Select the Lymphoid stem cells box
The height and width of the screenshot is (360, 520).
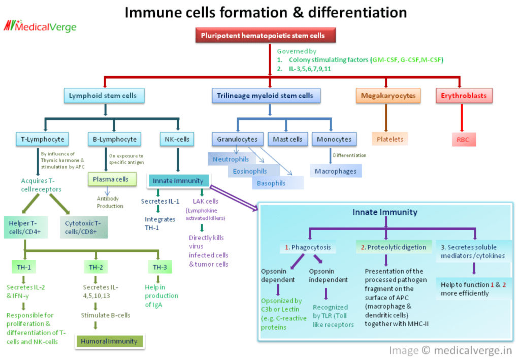(103, 95)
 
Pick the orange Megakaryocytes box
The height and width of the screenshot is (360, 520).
(388, 95)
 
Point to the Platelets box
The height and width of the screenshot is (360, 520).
(390, 138)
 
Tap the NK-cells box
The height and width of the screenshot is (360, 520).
(177, 139)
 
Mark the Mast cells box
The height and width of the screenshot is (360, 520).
(287, 139)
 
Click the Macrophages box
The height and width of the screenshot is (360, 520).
(336, 171)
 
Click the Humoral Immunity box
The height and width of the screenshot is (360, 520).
(109, 341)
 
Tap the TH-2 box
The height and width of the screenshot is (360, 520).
(96, 267)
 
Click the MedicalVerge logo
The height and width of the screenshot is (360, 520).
(40, 26)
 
